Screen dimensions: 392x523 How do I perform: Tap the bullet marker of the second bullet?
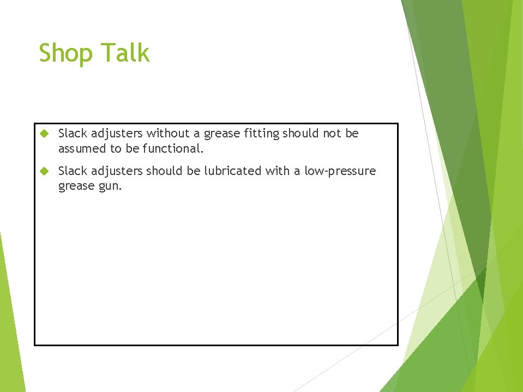click(x=45, y=171)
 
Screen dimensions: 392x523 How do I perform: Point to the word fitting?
click(x=261, y=134)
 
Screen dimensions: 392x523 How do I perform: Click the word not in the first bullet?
click(x=332, y=133)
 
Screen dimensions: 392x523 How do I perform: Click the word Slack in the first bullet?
click(x=73, y=133)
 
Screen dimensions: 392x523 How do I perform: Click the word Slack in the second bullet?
click(x=73, y=171)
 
